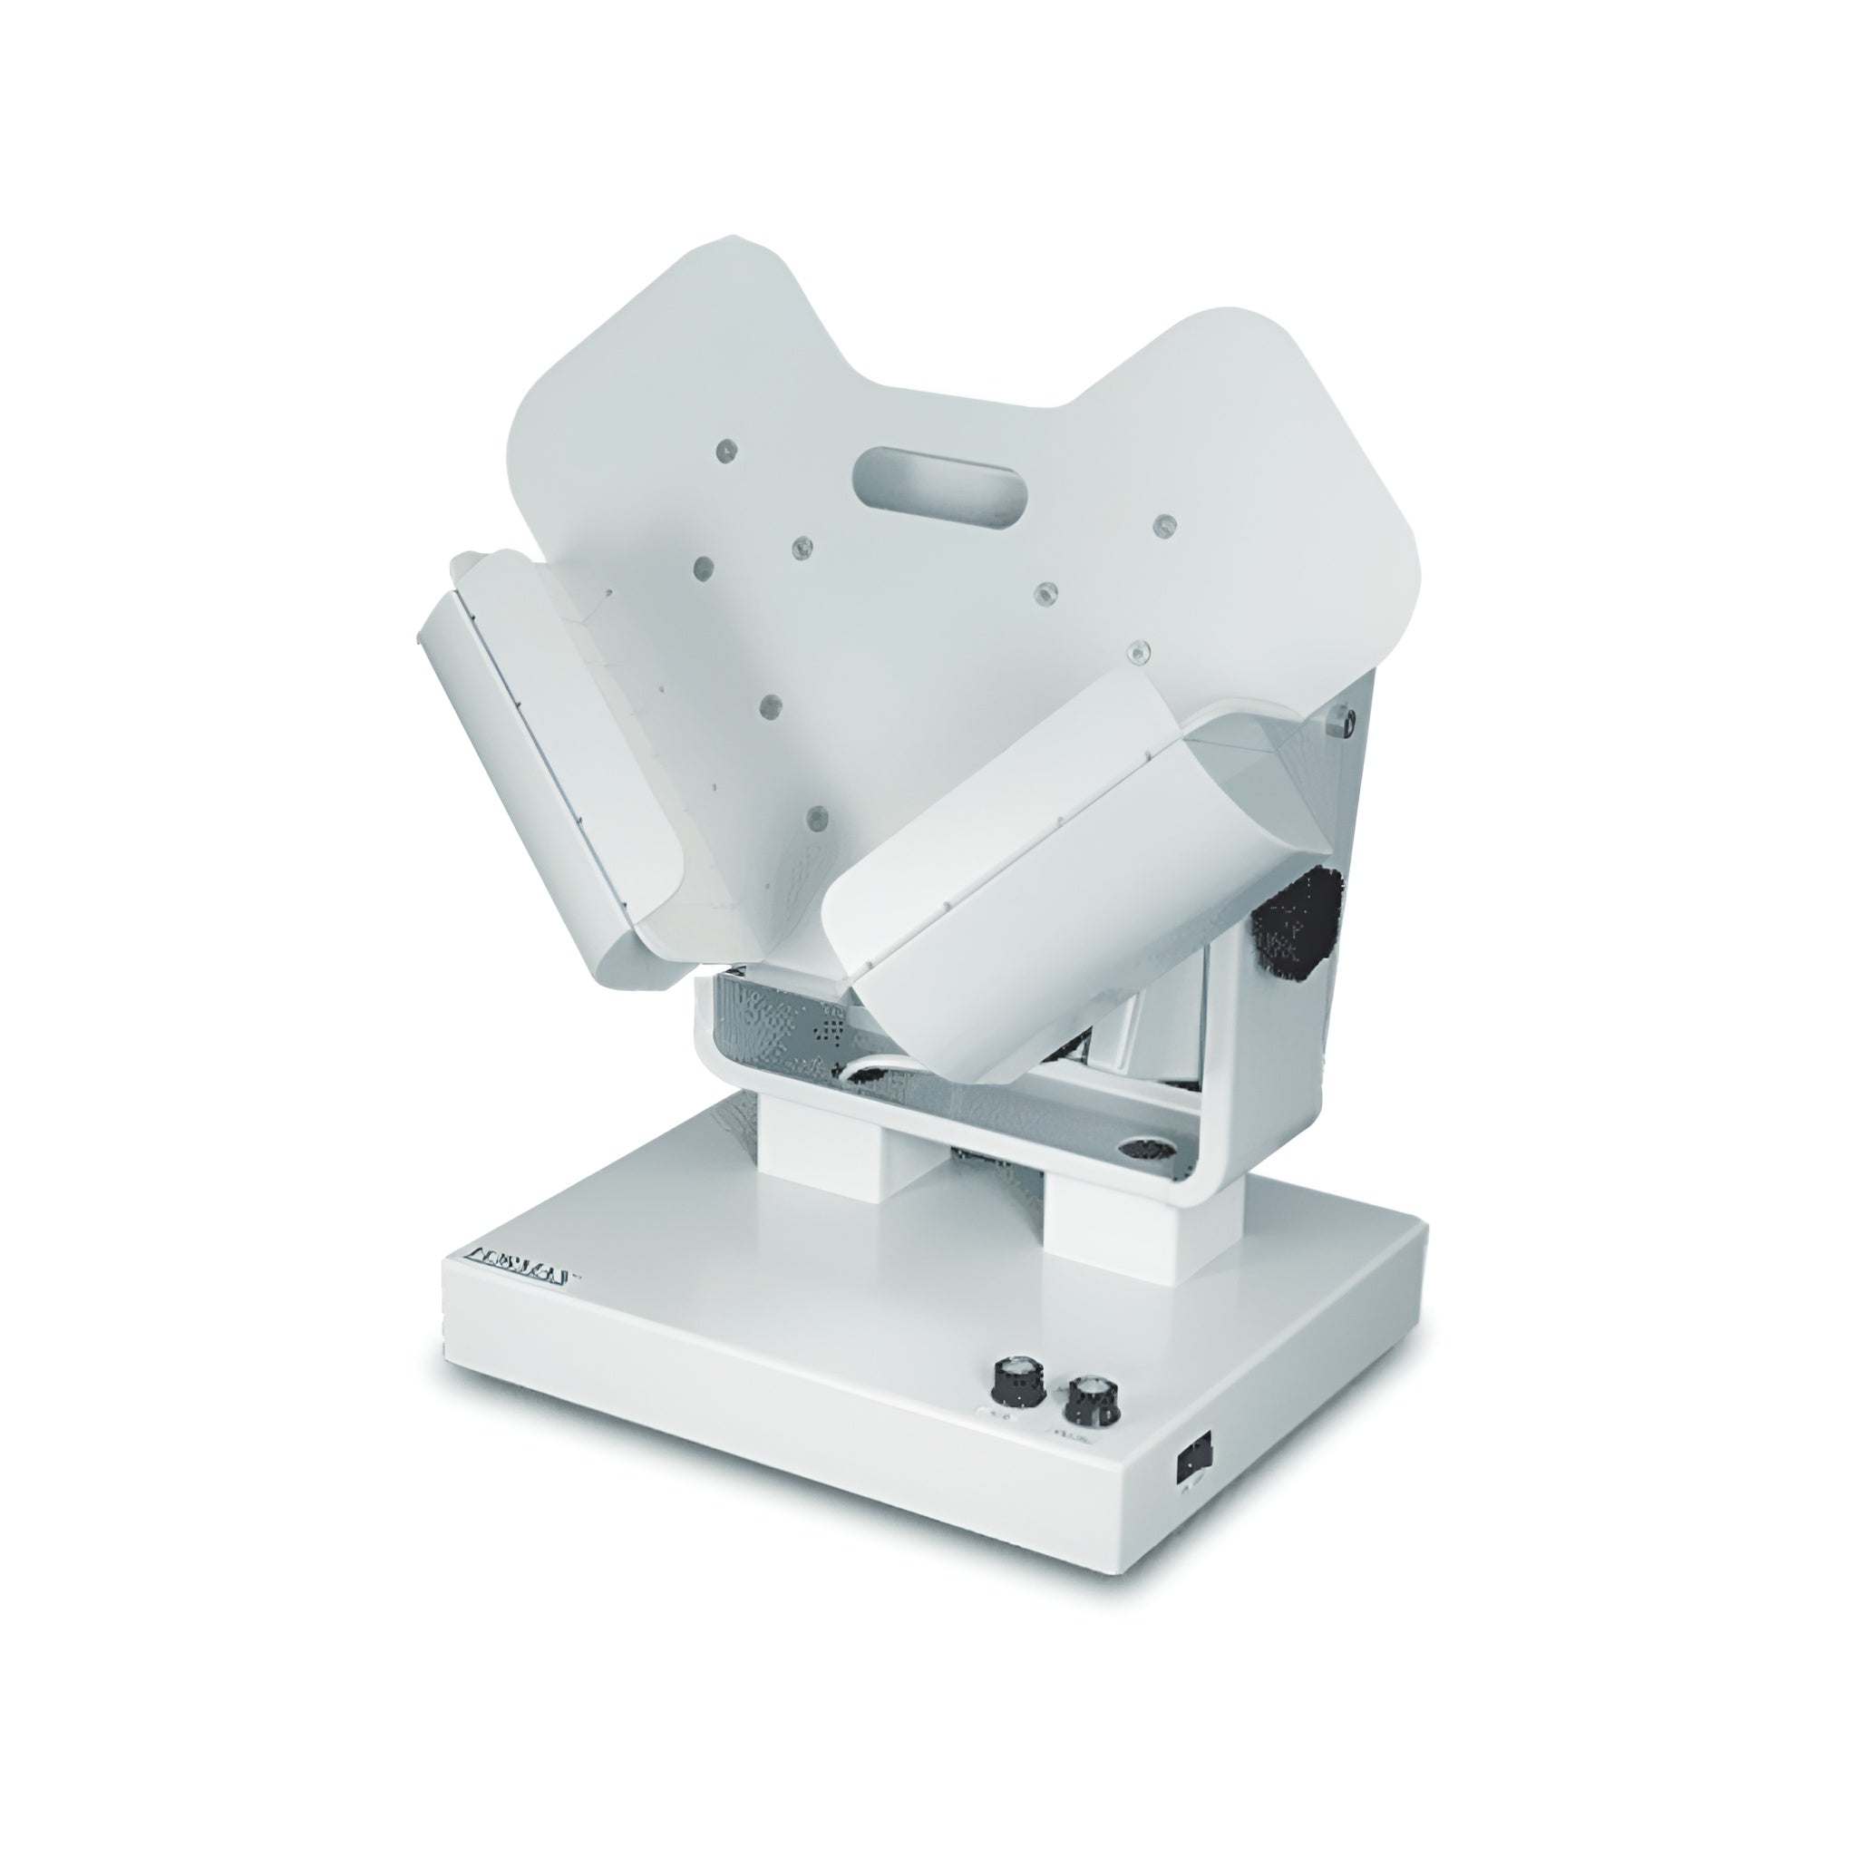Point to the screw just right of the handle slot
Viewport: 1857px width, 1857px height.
pyautogui.click(x=1164, y=525)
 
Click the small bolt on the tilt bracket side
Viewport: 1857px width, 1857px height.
pyautogui.click(x=1346, y=718)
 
